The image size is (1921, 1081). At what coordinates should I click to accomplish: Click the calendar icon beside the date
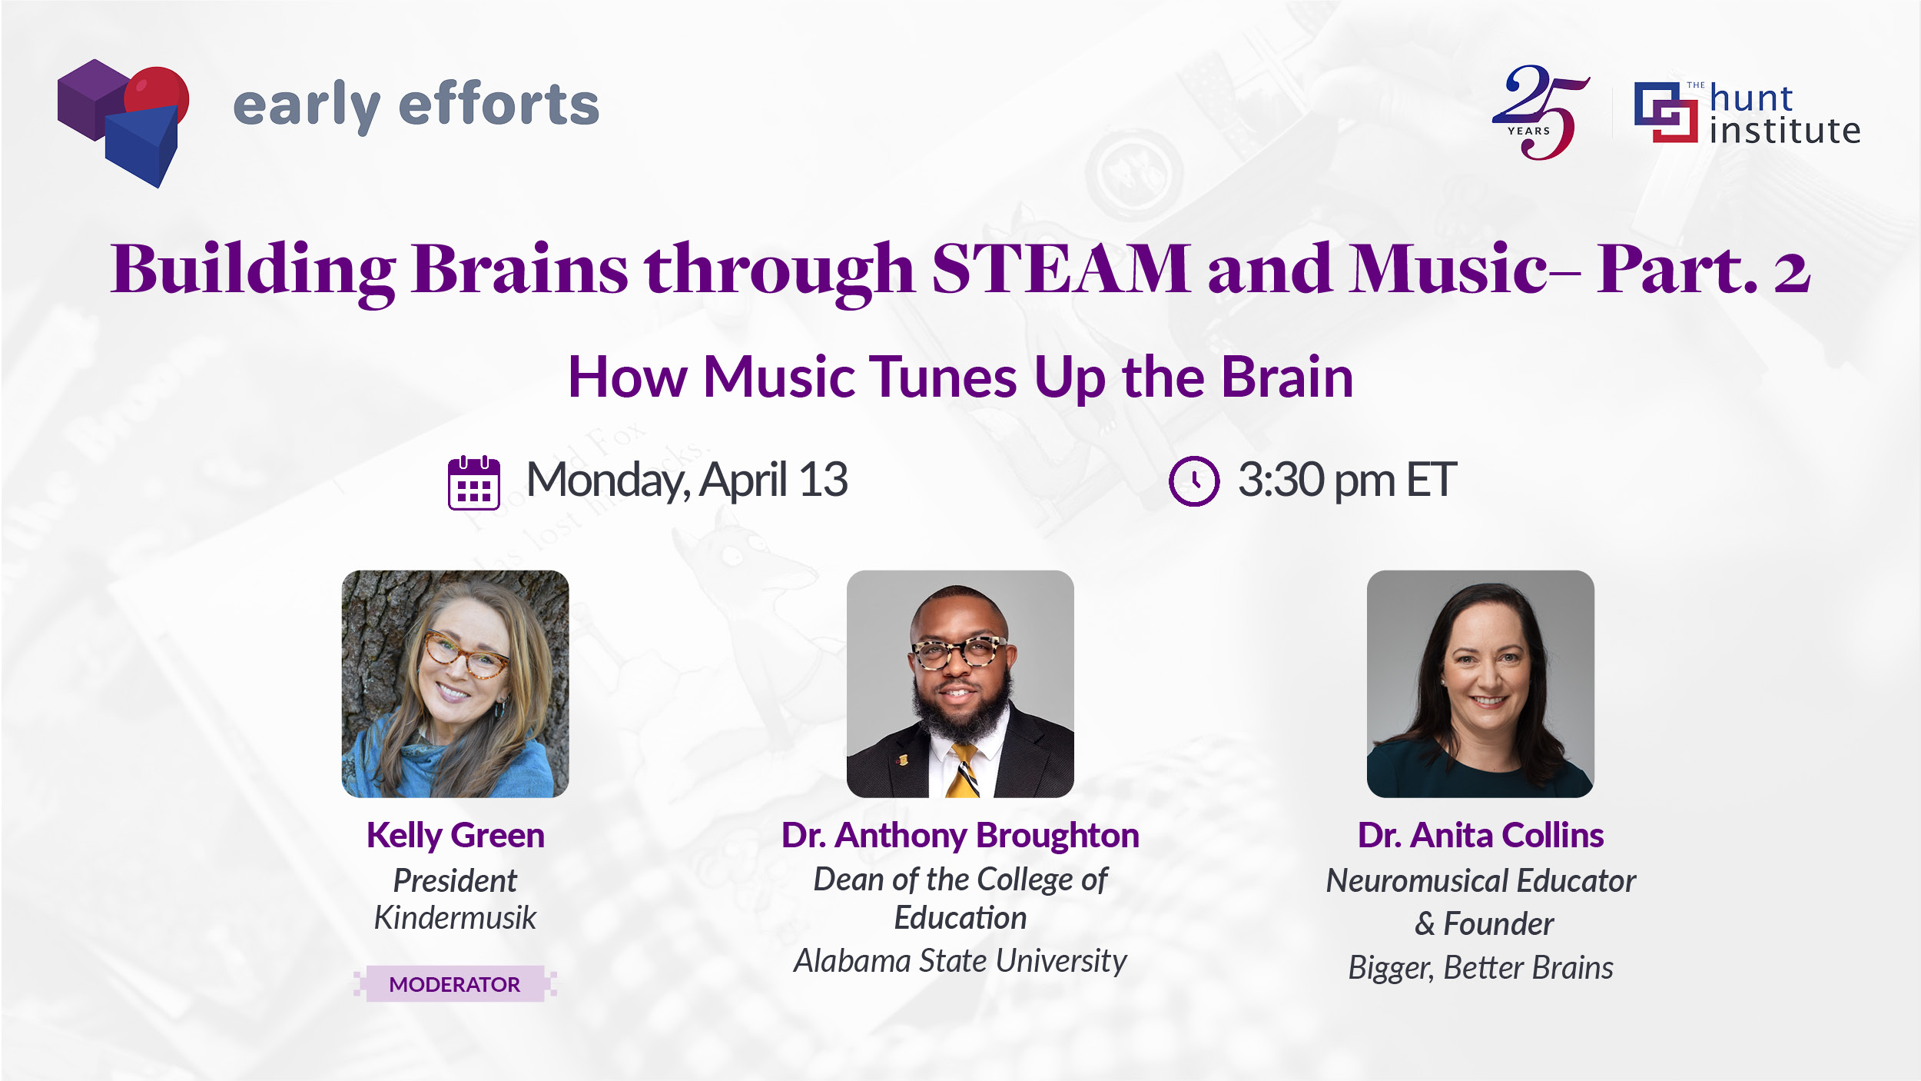coord(474,483)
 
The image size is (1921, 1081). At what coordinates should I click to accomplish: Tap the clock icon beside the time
coord(1194,481)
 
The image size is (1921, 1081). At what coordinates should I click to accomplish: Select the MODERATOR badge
coord(455,984)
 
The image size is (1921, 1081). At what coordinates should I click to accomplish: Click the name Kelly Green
coord(456,836)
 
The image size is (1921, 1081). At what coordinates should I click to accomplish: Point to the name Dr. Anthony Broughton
coord(960,836)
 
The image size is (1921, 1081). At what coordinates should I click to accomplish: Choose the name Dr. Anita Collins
coord(1481,836)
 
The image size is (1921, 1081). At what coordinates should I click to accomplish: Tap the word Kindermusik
coord(455,918)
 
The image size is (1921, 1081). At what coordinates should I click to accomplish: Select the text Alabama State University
coord(960,962)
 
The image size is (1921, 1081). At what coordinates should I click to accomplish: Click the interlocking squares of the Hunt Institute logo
coord(1666,112)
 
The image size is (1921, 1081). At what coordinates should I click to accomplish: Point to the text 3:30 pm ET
coord(1347,481)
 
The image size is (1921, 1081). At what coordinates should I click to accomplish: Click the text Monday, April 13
coord(687,481)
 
